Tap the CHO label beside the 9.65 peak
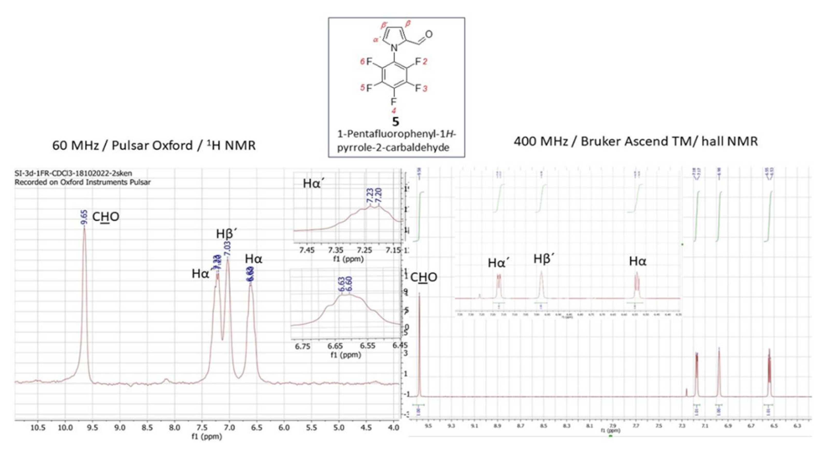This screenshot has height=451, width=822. pos(106,217)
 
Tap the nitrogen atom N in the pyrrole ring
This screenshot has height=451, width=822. pos(395,48)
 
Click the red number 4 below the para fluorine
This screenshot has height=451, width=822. pos(394,111)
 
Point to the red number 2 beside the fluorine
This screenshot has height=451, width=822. pos(425,62)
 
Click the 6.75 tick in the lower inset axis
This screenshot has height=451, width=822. pos(302,346)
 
